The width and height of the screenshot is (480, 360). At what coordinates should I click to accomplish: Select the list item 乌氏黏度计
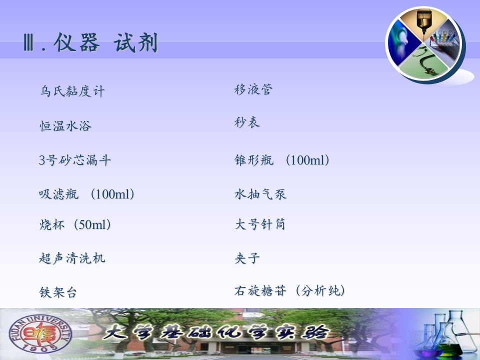point(72,91)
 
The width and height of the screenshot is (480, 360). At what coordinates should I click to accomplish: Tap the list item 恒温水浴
point(65,126)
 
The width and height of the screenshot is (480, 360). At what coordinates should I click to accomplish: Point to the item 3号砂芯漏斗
point(75,160)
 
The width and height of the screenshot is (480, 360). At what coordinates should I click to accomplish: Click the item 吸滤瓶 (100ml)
point(86,194)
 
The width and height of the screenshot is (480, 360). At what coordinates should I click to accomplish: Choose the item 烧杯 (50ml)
point(75,224)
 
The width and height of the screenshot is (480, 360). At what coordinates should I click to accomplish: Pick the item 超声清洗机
point(72,258)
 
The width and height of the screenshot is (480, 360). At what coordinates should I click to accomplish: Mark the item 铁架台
point(58,292)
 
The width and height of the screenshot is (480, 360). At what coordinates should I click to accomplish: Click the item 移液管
point(253,89)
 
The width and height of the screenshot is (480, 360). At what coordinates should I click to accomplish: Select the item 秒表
point(247,122)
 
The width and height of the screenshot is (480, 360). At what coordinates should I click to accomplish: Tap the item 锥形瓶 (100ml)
point(282,160)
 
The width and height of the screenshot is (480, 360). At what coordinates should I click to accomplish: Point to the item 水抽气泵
point(260,194)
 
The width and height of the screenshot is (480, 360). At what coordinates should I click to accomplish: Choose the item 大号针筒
point(260,224)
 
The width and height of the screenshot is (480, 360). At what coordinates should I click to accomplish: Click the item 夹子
point(247,258)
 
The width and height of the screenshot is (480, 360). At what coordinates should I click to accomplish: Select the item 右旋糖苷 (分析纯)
point(290,290)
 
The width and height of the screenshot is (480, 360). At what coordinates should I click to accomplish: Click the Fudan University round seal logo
point(40,333)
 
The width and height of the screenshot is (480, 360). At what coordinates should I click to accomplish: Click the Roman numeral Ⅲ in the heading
point(28,43)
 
